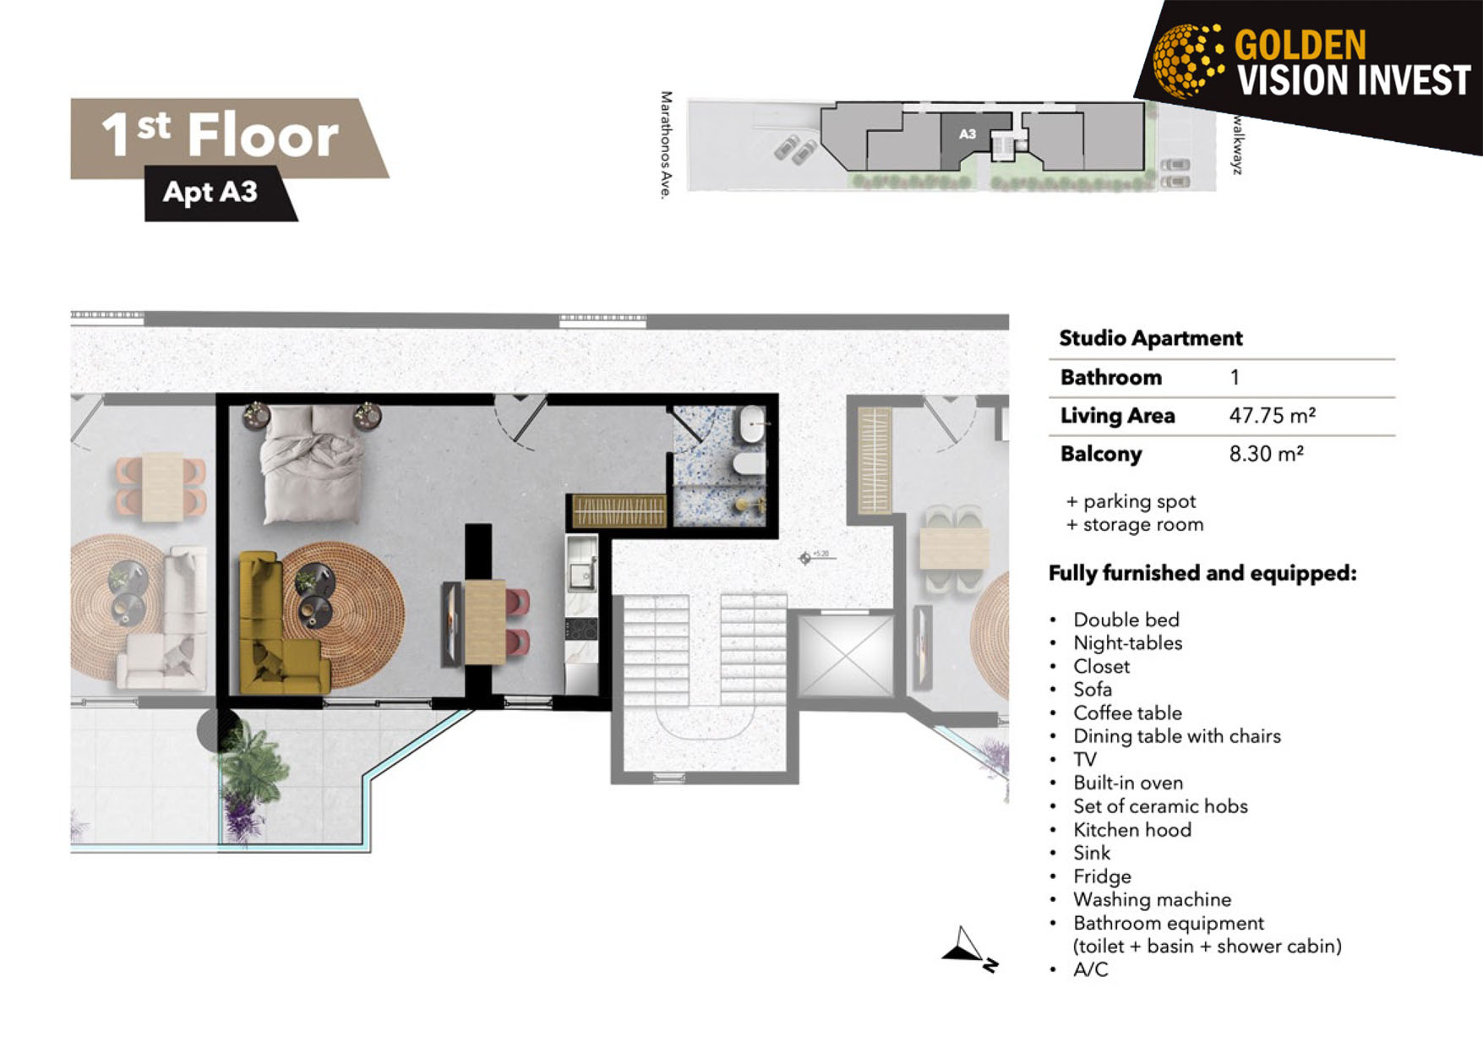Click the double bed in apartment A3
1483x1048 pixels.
tap(312, 463)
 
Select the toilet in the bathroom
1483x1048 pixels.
tap(748, 463)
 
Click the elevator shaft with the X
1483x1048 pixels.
tap(845, 656)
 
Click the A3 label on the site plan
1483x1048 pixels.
tap(968, 134)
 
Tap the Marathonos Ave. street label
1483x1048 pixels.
tap(667, 145)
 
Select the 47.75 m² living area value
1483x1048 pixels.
tap(1272, 416)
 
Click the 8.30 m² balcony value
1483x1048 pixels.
tap(1266, 454)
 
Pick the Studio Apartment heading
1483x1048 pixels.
tap(1150, 338)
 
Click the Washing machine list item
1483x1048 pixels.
tap(1152, 899)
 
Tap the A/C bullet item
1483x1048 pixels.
tap(1090, 969)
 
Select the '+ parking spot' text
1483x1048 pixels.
tap(1131, 501)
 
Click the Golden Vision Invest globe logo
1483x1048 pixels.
tap(1188, 59)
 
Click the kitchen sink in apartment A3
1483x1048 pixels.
tap(581, 575)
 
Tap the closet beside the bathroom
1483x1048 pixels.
tap(619, 510)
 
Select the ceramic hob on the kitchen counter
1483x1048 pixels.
tap(581, 629)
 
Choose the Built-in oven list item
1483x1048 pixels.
tap(1127, 783)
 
